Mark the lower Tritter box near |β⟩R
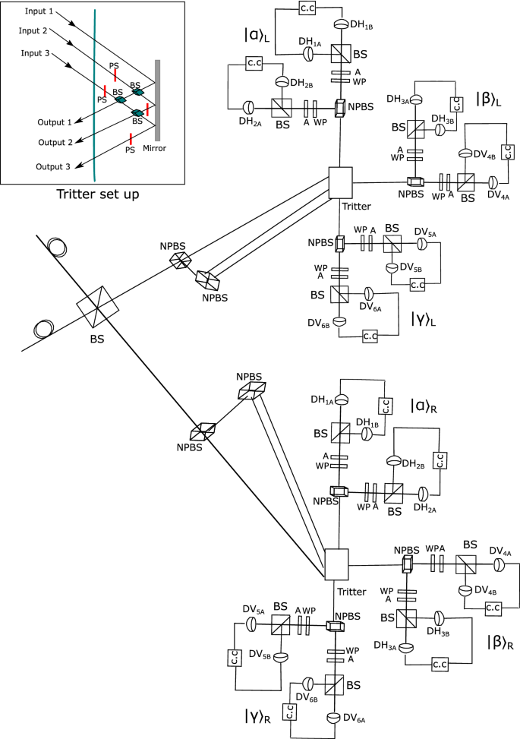(x=336, y=564)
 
